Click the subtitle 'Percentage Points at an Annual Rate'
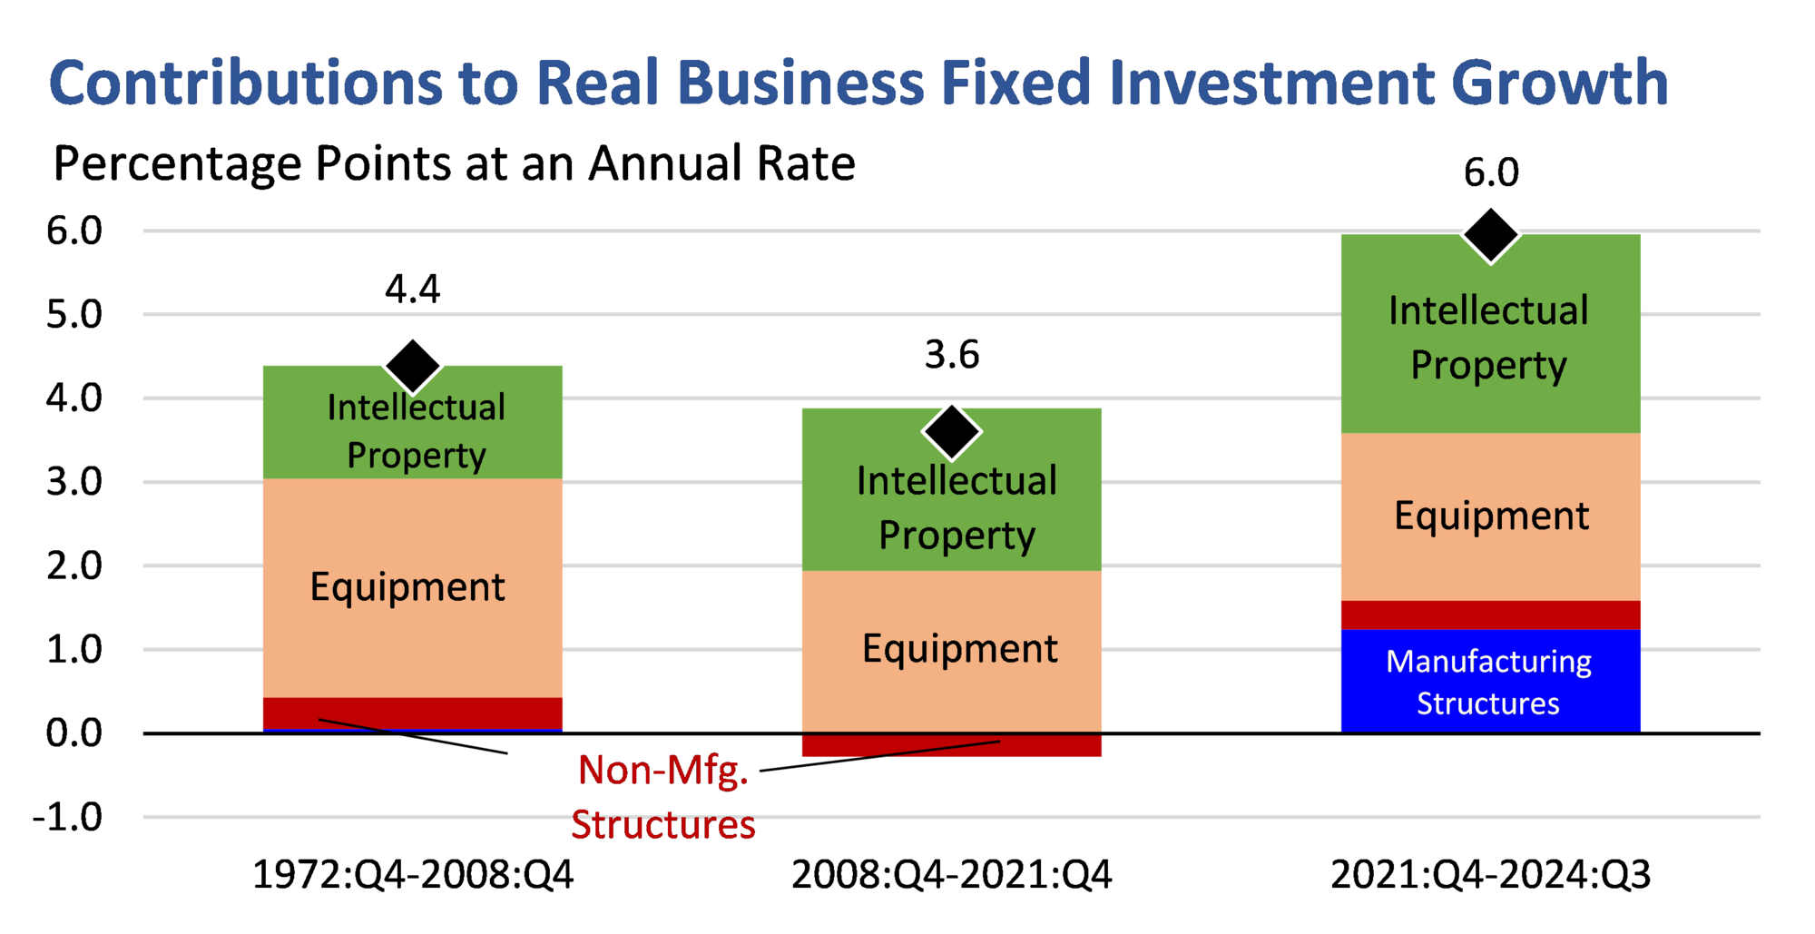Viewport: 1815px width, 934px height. [454, 164]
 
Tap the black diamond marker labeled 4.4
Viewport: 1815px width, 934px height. [413, 367]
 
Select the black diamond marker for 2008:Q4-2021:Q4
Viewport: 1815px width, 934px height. [951, 432]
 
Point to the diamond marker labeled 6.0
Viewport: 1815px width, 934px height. [1490, 235]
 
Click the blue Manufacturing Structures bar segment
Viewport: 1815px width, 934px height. [1490, 681]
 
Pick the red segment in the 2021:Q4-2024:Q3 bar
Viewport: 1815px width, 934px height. [1490, 614]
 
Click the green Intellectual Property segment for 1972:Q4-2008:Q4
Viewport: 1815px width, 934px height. [413, 427]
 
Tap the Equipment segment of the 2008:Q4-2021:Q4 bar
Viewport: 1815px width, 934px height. [951, 649]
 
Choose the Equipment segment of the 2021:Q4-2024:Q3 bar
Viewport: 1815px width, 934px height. [1490, 516]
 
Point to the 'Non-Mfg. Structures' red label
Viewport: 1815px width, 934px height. [663, 797]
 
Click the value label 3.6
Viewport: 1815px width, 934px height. [951, 355]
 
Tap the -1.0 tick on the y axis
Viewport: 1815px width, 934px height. [68, 817]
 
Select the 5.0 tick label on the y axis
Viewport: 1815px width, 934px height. [74, 314]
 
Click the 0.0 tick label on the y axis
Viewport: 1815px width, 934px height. [74, 732]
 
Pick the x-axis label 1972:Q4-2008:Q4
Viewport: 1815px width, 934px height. [413, 875]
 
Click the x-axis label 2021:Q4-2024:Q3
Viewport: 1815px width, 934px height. [1490, 875]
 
